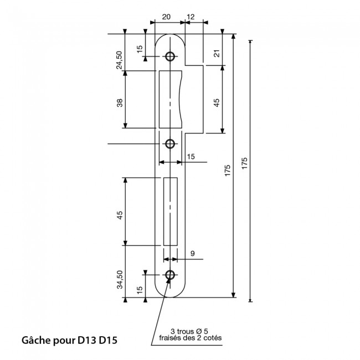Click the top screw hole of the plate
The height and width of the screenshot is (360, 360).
(x=169, y=56)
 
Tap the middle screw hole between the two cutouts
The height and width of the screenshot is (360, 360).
(x=169, y=144)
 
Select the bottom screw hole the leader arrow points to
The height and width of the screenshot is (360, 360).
(x=169, y=275)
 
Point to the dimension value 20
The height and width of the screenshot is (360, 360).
(x=167, y=17)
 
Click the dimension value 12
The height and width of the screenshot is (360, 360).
(x=192, y=17)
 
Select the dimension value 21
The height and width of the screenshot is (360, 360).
(x=217, y=53)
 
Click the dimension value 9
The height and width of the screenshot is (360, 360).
(x=192, y=254)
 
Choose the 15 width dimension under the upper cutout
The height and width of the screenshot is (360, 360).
(x=191, y=157)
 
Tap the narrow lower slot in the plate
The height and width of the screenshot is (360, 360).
(x=170, y=212)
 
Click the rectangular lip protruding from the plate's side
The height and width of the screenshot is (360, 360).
(x=194, y=100)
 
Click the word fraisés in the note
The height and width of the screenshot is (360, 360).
(x=169, y=338)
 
